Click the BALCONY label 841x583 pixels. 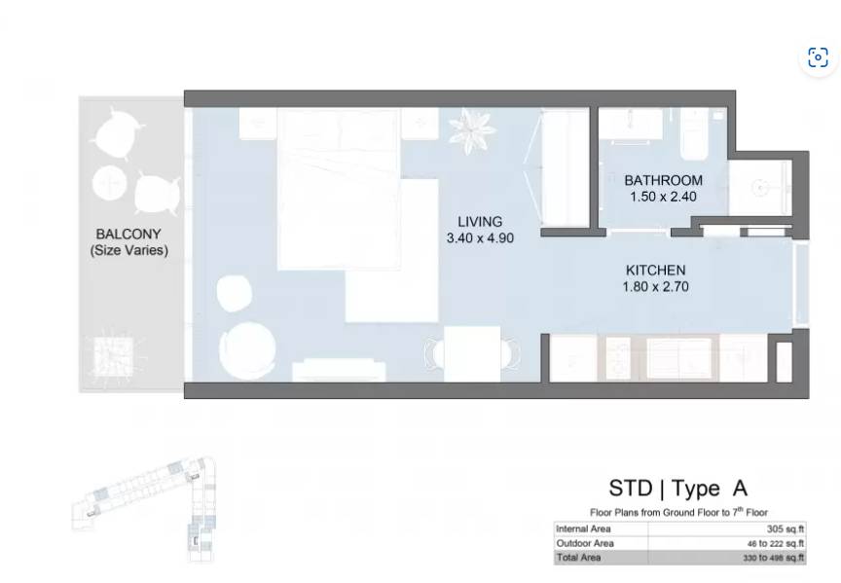128,235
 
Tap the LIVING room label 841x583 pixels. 480,222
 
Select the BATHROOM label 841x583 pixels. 664,180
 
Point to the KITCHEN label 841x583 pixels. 655,270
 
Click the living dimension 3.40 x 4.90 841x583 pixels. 480,237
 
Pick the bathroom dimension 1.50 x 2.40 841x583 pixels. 664,197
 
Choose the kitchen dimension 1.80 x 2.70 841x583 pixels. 655,286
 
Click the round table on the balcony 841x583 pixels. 109,183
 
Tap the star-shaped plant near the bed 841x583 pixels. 472,130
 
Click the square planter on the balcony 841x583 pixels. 113,355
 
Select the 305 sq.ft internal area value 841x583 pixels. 786,528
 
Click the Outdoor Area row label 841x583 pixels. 585,543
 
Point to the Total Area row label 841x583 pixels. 578,558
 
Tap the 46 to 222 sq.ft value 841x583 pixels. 776,544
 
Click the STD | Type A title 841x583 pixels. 677,488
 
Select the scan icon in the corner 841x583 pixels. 818,57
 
